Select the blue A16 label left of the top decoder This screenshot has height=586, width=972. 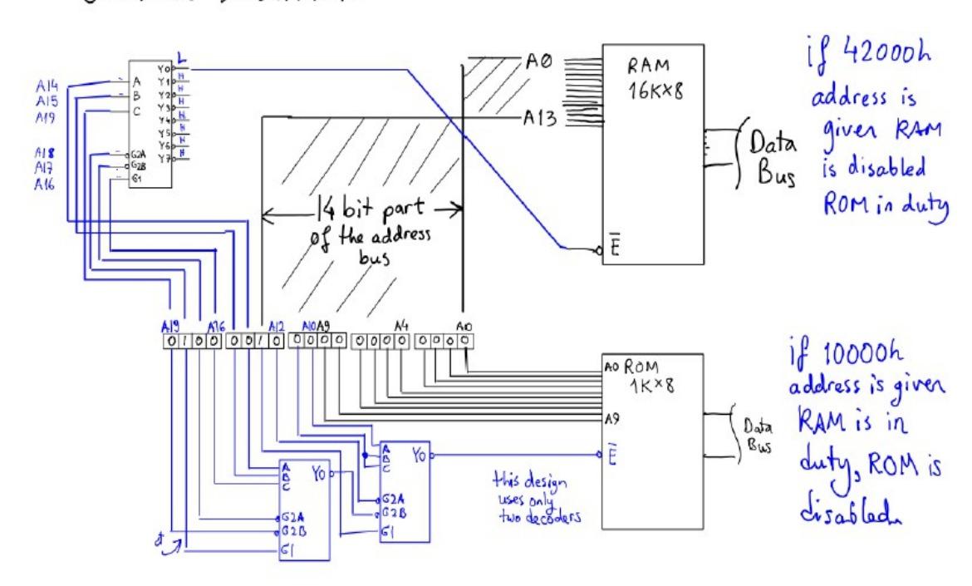pyautogui.click(x=43, y=185)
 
